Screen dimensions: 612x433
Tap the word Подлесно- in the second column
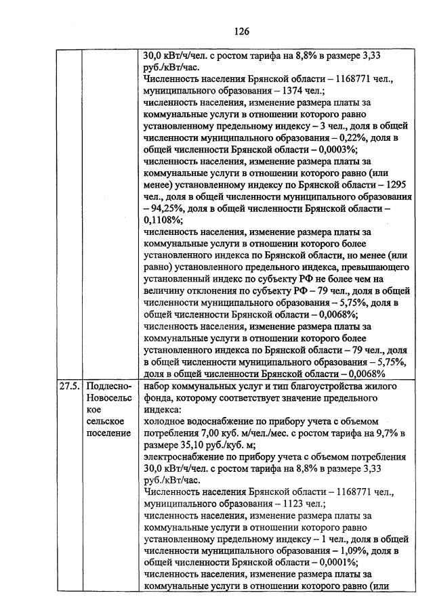[x=108, y=386]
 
